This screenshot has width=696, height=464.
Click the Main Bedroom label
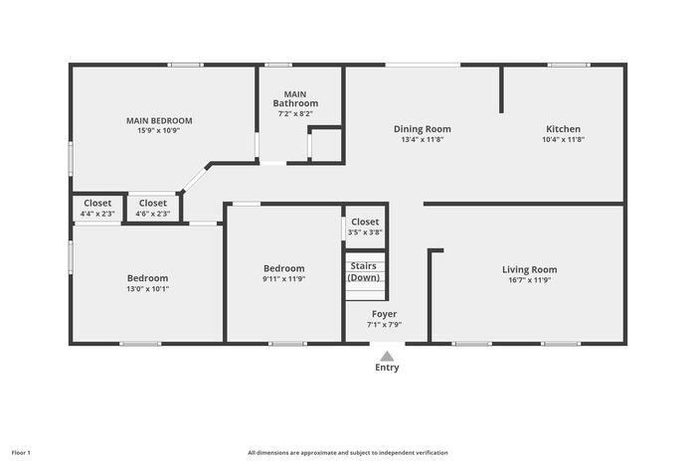(x=159, y=120)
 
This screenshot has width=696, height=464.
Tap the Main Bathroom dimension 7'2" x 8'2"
(x=295, y=113)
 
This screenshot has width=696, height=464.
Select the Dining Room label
(x=423, y=129)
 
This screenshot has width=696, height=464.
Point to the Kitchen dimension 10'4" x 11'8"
(x=564, y=139)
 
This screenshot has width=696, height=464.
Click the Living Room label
(x=530, y=269)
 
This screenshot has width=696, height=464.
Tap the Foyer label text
(x=385, y=314)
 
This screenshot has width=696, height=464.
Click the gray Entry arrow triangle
(x=387, y=357)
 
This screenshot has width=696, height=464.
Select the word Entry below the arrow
(x=387, y=368)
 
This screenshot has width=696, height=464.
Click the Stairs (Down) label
(x=364, y=271)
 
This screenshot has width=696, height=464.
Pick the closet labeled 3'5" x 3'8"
(x=365, y=227)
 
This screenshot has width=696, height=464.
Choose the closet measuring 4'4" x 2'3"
(x=97, y=208)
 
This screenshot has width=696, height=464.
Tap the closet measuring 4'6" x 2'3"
(x=153, y=208)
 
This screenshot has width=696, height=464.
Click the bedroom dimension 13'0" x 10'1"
(x=148, y=289)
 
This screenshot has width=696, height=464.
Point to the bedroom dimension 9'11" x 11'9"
(x=284, y=279)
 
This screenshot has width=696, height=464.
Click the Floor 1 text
(x=21, y=453)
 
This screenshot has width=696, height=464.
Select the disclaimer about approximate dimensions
(x=348, y=453)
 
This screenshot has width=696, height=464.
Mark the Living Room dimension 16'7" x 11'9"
(x=530, y=280)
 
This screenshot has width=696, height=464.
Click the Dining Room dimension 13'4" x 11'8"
(x=423, y=139)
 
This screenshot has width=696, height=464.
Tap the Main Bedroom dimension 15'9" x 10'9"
(x=158, y=130)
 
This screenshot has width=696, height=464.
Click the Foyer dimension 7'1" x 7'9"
(x=385, y=324)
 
